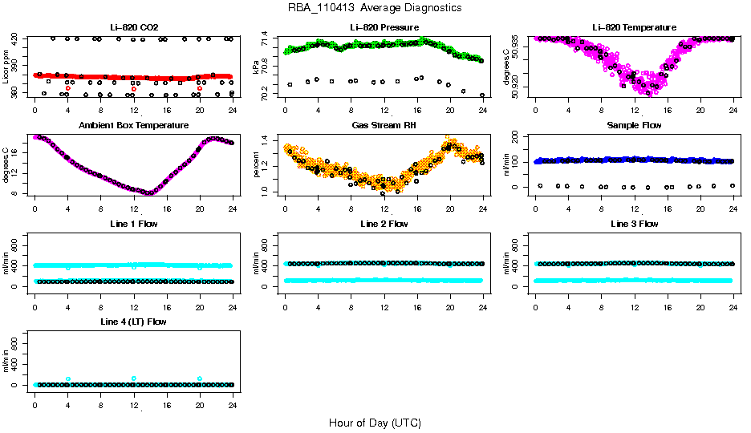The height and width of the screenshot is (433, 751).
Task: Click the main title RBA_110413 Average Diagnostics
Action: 375,8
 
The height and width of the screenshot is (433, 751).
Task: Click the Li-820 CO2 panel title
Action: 133,27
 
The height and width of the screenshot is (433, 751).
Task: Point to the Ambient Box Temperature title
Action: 133,126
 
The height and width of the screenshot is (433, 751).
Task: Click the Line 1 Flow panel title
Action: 133,224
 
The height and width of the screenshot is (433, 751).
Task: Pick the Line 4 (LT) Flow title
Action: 133,322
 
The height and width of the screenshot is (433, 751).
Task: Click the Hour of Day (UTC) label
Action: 375,423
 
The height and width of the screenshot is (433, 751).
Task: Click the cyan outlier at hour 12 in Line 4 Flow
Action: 133,378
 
